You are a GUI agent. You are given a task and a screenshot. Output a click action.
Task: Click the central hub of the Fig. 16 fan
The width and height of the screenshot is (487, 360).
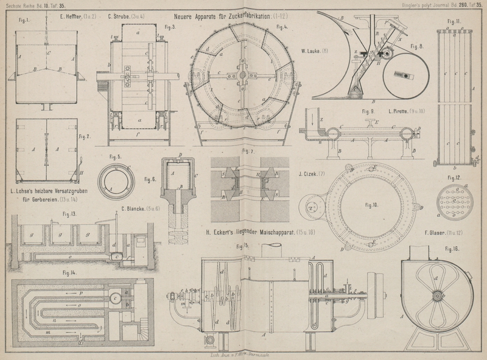pos(436,296)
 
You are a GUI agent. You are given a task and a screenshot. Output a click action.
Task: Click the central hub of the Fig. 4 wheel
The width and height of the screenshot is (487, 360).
pos(242,76)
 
